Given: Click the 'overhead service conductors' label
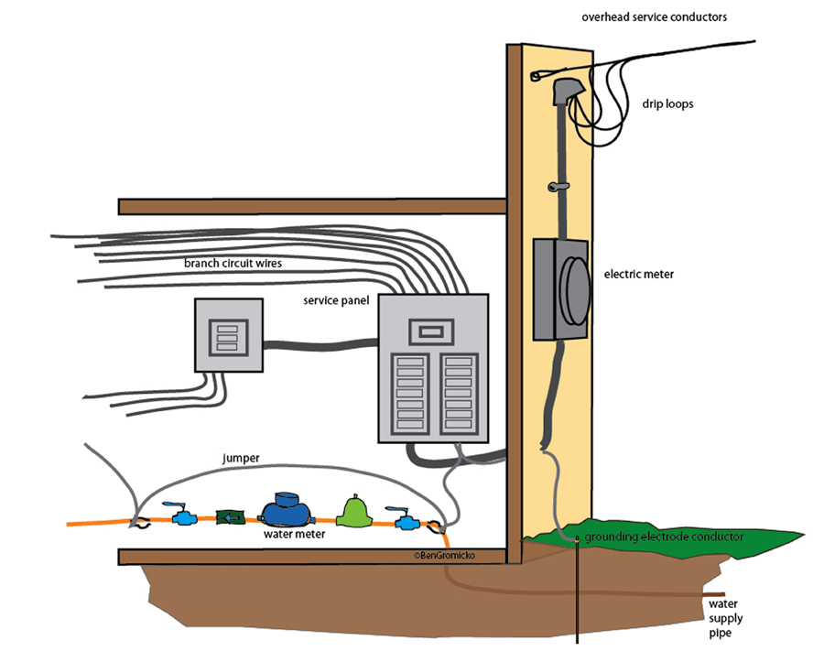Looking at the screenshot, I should pyautogui.click(x=654, y=17).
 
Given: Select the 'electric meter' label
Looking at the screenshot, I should pyautogui.click(x=639, y=273).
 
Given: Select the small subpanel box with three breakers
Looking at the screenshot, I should pyautogui.click(x=228, y=335).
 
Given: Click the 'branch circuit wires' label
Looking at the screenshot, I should pyautogui.click(x=233, y=265).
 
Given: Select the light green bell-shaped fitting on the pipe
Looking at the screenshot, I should pyautogui.click(x=353, y=512).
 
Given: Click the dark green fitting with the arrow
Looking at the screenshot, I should pyautogui.click(x=229, y=518).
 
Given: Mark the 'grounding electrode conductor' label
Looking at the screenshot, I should pyautogui.click(x=664, y=537).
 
